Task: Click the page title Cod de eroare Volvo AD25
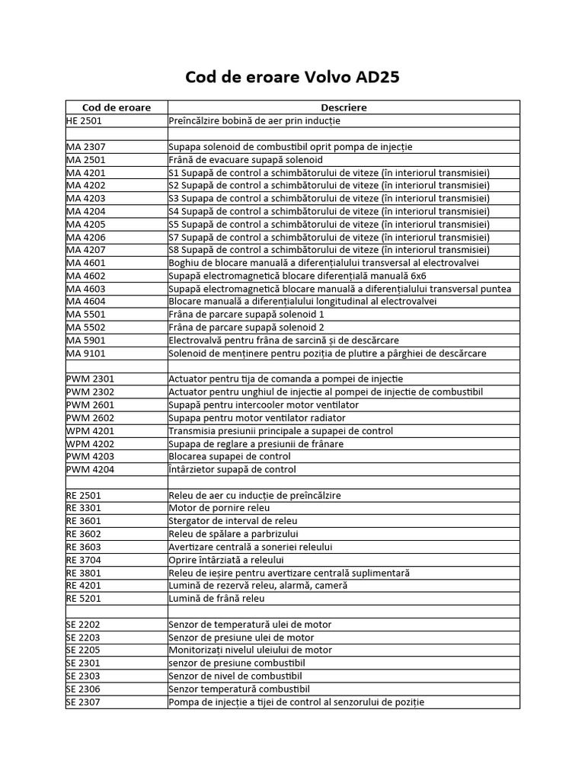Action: click(292, 78)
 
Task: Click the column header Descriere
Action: click(344, 107)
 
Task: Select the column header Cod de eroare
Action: click(117, 107)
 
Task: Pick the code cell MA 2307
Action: click(85, 146)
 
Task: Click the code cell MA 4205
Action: click(85, 224)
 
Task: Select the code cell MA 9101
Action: click(85, 353)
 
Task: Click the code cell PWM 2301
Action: click(90, 379)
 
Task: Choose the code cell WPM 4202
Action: click(90, 443)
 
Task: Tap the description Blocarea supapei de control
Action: click(229, 456)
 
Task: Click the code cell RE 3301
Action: click(83, 507)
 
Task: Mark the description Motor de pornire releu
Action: click(219, 507)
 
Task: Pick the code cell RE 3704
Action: click(83, 559)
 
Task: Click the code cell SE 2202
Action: click(83, 624)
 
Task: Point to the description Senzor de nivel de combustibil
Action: click(235, 676)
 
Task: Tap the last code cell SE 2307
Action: click(83, 702)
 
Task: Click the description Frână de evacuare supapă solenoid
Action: click(245, 159)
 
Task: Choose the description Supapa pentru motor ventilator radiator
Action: click(257, 417)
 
